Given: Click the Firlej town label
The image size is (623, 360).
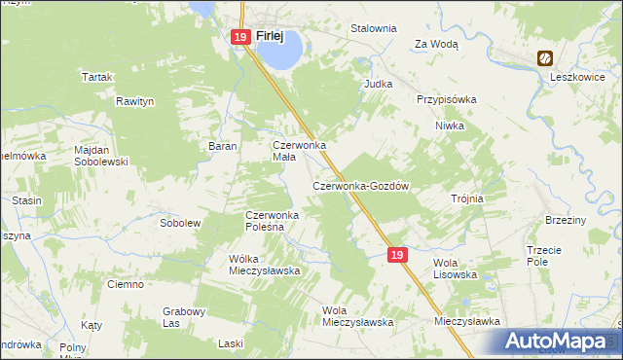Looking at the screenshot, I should coord(269,36).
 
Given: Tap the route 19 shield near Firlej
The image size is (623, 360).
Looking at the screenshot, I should coord(240,37).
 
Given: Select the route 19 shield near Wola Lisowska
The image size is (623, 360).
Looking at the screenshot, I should coord(395,254).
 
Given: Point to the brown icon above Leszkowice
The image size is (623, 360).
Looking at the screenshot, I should coord(547,58).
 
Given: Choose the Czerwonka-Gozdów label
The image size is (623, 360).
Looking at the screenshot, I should coord(359,186).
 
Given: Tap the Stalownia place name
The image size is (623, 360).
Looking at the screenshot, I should coord(374,28).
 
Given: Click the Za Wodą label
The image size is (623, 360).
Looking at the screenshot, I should coord(436,44).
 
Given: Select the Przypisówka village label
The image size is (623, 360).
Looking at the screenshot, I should coord(446,99).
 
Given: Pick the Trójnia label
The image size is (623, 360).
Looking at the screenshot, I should coord(467,198).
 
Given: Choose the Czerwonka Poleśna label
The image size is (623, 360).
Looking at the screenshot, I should coord(277,221).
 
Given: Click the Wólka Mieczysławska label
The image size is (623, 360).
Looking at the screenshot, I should coord(263,265).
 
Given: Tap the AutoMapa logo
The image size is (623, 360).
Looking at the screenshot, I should coord(556,342).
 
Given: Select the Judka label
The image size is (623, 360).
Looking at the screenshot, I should coord(378,84).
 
